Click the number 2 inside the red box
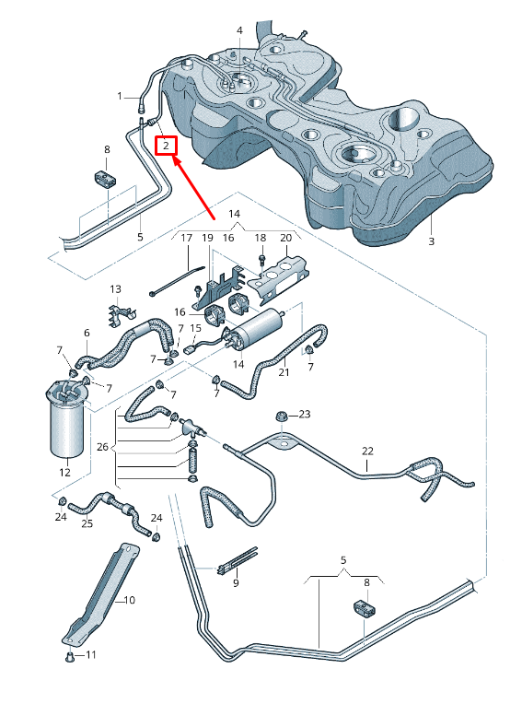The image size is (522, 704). click(166, 146)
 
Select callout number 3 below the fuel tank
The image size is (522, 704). click(431, 241)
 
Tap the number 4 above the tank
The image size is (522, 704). click(239, 30)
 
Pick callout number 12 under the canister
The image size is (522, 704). click(64, 473)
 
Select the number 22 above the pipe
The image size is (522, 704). click(367, 452)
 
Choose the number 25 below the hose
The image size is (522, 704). click(87, 523)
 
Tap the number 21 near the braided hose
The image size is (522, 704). click(284, 372)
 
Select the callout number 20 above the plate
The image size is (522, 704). click(284, 238)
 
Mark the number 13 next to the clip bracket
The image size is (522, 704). click(117, 289)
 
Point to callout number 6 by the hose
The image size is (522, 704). click(87, 333)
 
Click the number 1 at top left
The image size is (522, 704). click(120, 96)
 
